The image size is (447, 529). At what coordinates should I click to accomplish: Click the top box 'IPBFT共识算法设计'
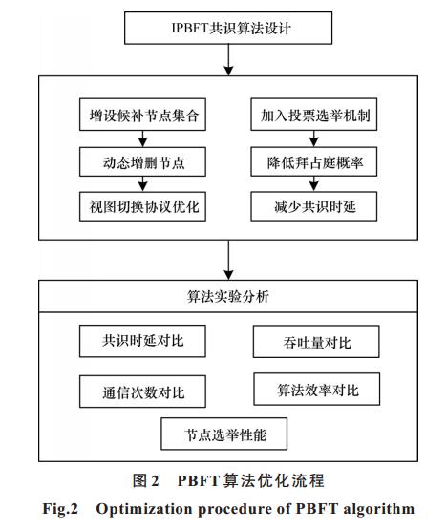pos(228,28)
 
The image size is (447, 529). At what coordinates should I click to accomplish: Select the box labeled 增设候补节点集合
pos(142,115)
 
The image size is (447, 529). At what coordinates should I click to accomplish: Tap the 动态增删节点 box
pos(142,161)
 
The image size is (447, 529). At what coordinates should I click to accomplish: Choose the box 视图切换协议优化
pos(142,206)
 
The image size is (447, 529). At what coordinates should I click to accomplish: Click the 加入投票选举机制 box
pos(313,115)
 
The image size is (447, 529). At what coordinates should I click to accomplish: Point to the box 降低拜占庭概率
pos(313,161)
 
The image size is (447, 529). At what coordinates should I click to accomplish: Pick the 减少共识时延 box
pos(313,206)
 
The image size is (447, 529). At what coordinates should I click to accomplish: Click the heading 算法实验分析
pos(228,297)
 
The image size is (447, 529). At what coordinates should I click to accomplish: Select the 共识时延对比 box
pos(142,341)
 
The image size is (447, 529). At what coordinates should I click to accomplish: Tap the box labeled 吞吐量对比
pos(316,342)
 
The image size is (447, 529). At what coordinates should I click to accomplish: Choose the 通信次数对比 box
pos(142,391)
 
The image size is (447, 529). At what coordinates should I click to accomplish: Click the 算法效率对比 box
pos(317,389)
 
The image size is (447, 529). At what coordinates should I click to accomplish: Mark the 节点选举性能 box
pos(224,434)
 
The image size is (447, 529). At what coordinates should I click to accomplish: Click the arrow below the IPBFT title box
pos(228,60)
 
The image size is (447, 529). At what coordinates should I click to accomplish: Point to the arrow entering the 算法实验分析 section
pos(228,260)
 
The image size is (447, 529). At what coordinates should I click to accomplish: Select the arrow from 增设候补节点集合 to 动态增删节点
pos(142,138)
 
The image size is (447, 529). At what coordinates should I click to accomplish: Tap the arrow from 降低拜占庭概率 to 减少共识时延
pos(314,184)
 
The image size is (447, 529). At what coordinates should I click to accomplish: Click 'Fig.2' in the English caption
pos(60,509)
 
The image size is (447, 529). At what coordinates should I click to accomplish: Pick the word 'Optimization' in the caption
pos(144,509)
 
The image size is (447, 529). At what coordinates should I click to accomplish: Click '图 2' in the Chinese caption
pos(145,480)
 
